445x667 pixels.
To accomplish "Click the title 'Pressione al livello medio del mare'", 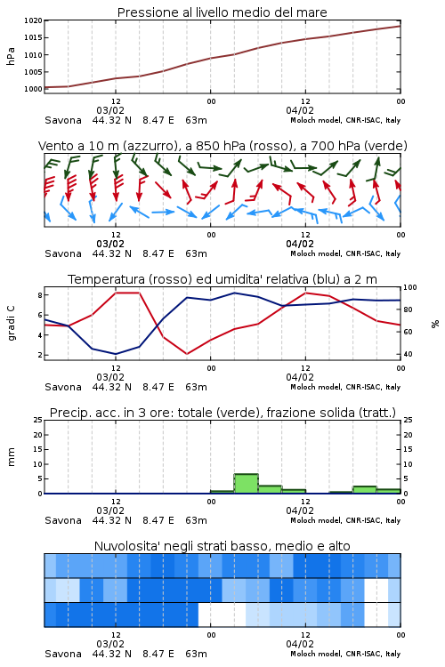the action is pos(222,12).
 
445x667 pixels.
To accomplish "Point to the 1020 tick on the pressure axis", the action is pos(33,20).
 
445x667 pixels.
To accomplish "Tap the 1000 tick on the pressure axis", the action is pos(33,89).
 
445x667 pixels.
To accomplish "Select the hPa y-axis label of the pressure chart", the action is pos(11,56).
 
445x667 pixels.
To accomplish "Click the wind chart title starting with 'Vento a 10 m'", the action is pos(222,146).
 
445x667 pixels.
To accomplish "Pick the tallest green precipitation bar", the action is pos(247,484).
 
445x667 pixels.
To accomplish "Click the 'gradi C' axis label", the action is pos(11,324).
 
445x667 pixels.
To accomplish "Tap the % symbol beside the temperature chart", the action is pos(435,324).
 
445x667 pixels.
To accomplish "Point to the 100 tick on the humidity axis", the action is pos(410,287).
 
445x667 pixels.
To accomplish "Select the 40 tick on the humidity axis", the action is pos(408,354).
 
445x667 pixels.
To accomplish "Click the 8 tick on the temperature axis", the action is pos(40,294).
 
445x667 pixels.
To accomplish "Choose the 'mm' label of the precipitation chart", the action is pos(11,457).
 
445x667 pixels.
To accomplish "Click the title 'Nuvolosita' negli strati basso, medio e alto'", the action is pos(222,546).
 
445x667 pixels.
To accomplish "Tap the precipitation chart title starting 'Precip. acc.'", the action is pos(222,413).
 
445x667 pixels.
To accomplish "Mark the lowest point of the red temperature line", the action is pos(188,354).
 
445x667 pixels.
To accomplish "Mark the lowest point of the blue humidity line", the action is pos(116,354).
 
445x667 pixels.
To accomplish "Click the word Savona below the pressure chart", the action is pos(63,120).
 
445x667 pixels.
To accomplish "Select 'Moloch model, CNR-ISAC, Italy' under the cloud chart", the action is pos(345,654).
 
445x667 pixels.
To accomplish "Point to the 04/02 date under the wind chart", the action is pos(300,245).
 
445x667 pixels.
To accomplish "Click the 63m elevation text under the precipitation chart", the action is pos(197,520).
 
